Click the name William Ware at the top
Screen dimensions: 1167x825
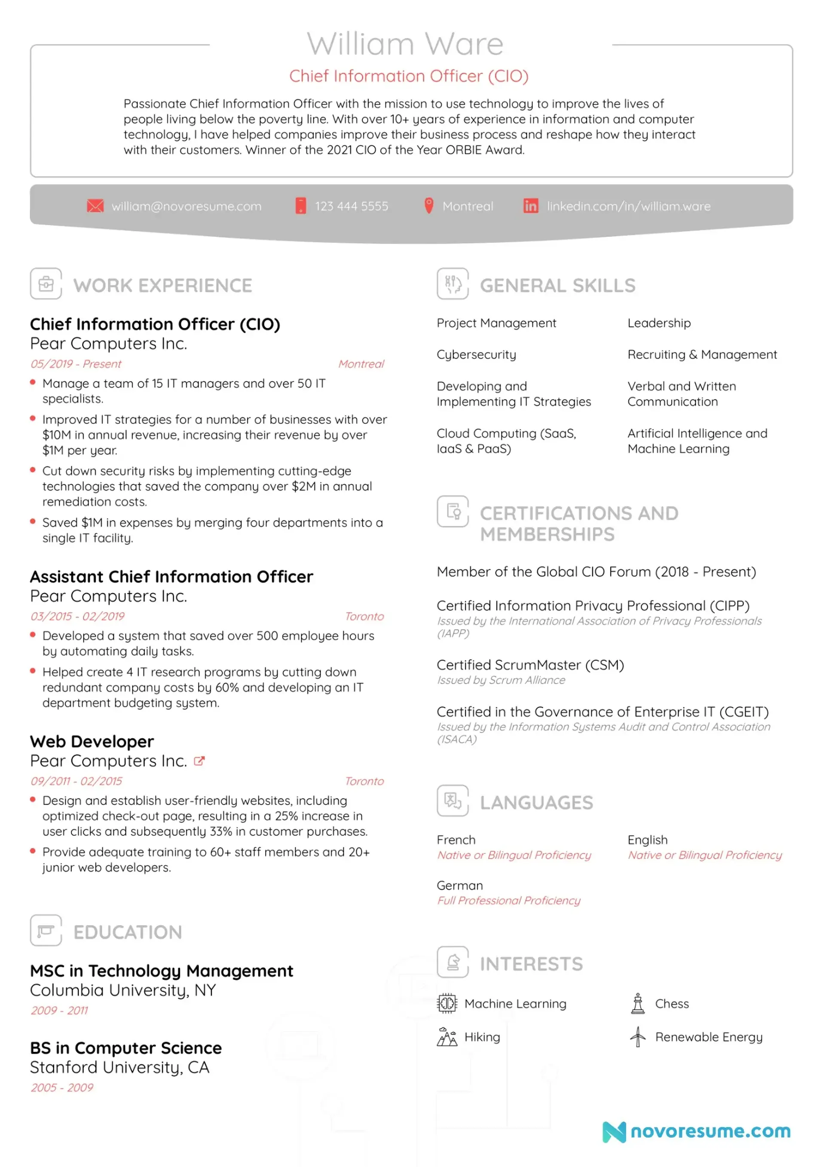click(x=405, y=44)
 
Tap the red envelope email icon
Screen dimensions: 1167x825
click(x=95, y=206)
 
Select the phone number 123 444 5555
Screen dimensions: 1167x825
click(x=351, y=206)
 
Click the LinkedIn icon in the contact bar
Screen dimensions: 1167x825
click(x=531, y=206)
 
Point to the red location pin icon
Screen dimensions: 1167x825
click(x=428, y=205)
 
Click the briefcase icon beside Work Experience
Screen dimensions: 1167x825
click(x=46, y=284)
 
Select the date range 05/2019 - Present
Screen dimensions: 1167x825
click(x=76, y=364)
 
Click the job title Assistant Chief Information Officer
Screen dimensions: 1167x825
click(x=171, y=576)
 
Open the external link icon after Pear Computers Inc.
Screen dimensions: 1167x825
click(x=199, y=761)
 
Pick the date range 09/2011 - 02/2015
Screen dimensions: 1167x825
click(x=76, y=781)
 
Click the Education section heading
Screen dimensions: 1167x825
click(x=128, y=932)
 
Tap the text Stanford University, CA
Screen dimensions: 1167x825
click(x=119, y=1067)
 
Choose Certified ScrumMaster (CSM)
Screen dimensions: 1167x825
click(x=530, y=665)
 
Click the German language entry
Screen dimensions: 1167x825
click(x=459, y=886)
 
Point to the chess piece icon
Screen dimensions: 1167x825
click(x=637, y=1004)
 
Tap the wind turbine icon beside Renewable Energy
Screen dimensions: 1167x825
click(x=637, y=1037)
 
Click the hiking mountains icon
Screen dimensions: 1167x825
click(x=447, y=1037)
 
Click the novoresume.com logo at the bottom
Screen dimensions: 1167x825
click(x=697, y=1131)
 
